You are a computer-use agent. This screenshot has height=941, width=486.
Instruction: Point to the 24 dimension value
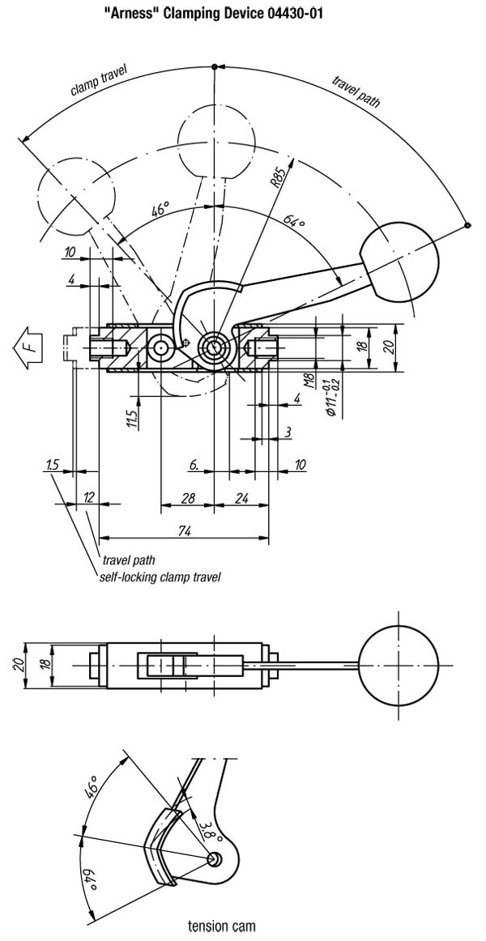coord(241,498)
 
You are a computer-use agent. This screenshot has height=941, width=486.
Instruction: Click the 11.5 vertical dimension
coord(133,419)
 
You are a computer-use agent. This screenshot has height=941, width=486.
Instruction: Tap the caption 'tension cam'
coord(221,926)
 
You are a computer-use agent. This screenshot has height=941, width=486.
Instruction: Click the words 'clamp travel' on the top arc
coord(98,83)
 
